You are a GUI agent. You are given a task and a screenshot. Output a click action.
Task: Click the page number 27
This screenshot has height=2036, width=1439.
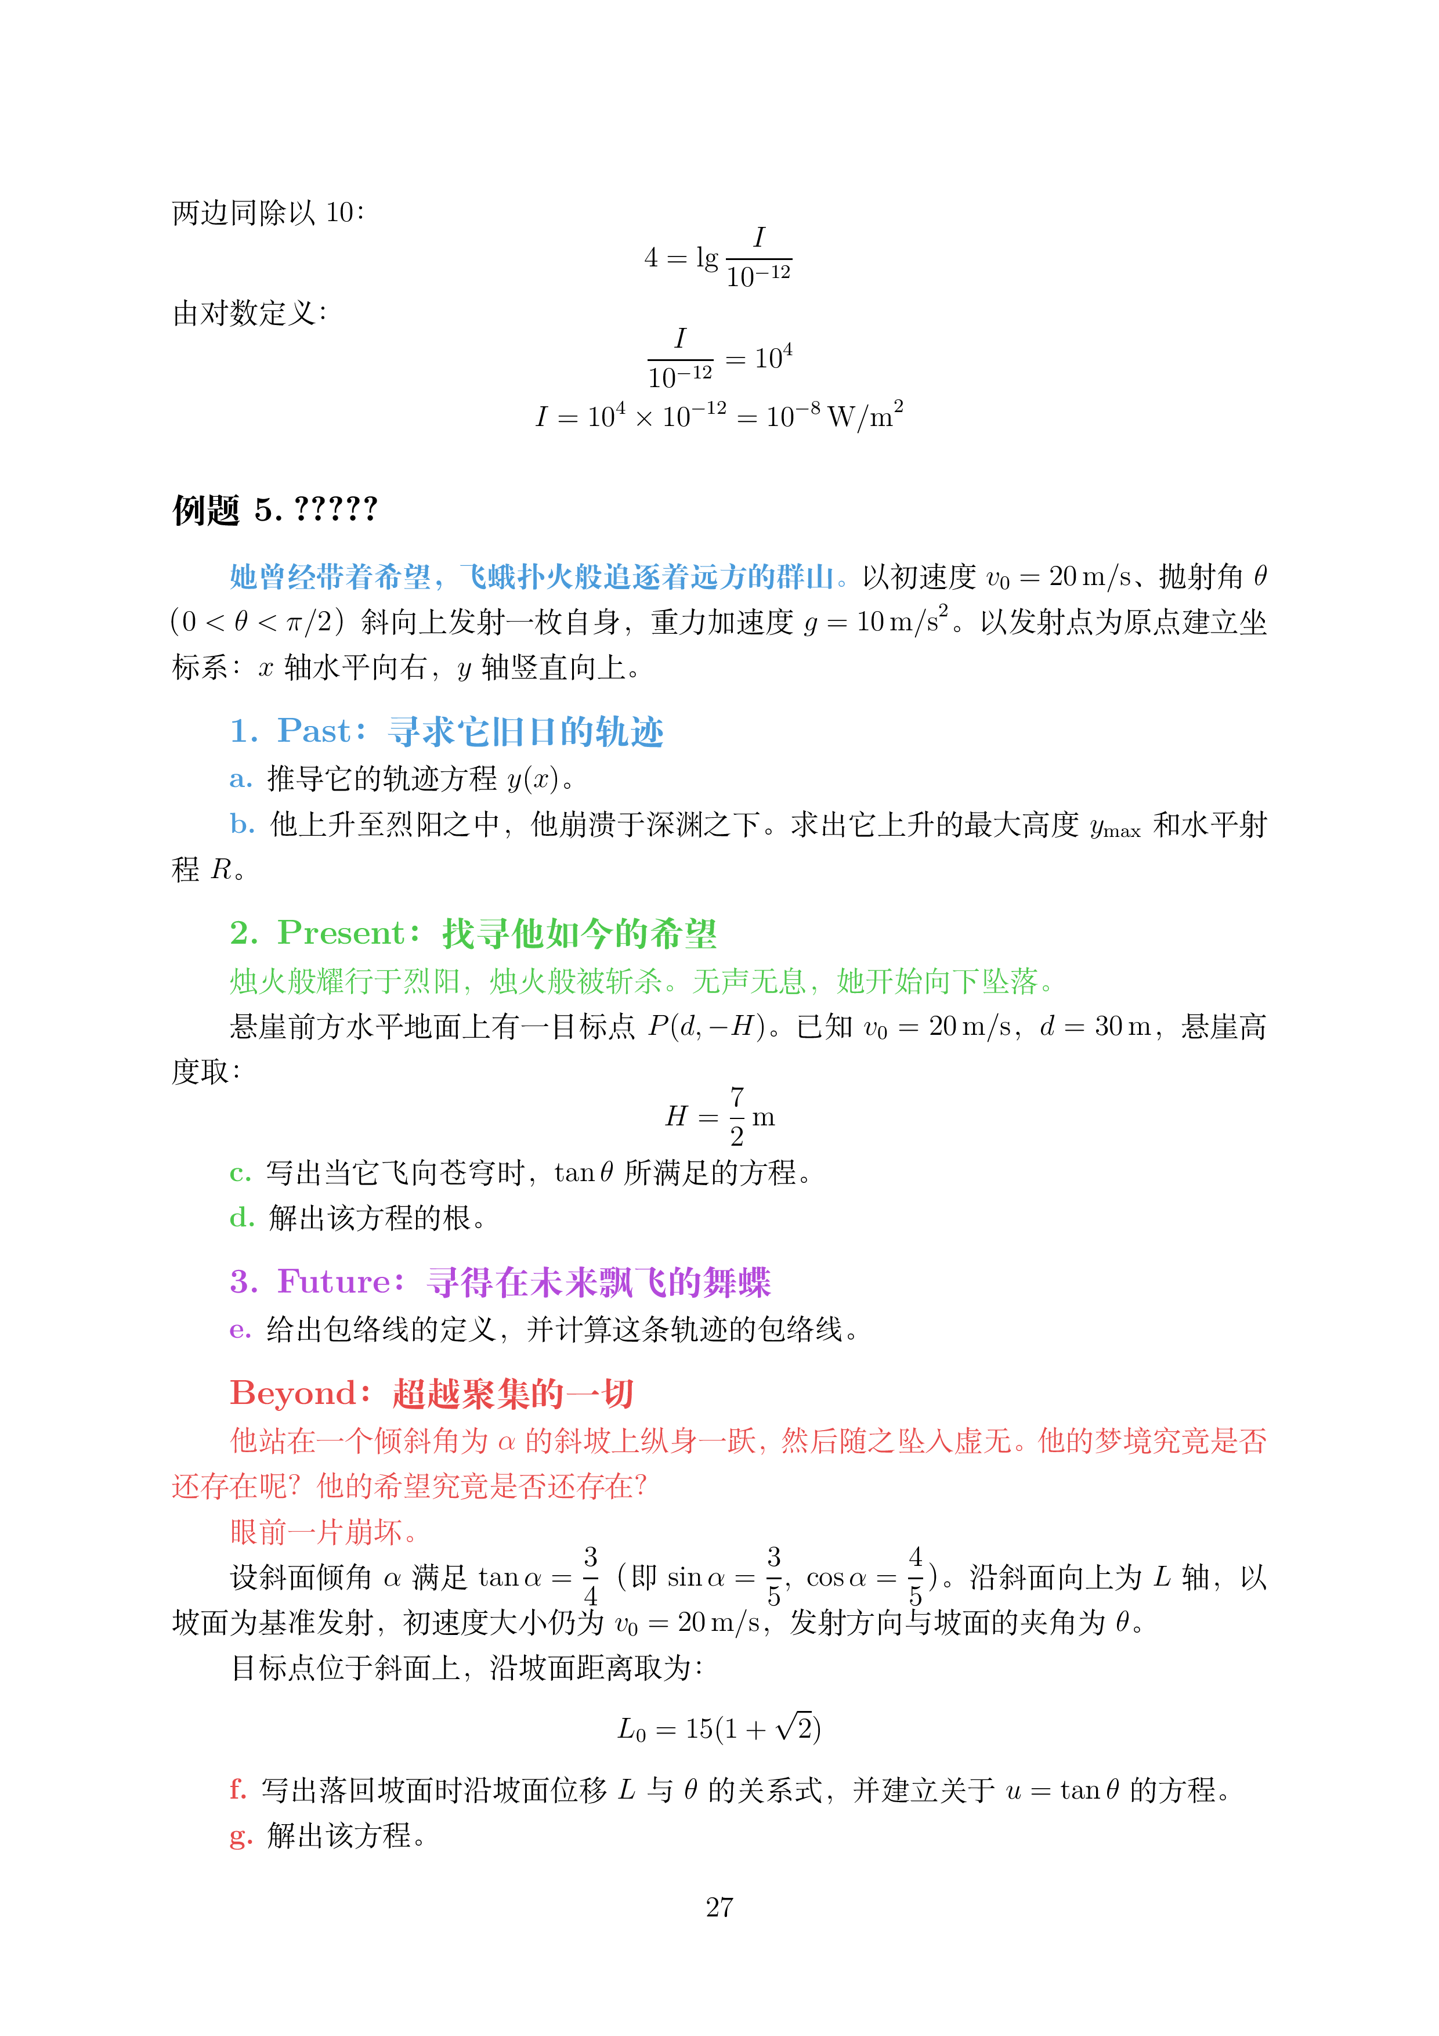[719, 1907]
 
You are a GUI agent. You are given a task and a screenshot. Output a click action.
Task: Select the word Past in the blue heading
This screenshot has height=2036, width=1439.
[314, 731]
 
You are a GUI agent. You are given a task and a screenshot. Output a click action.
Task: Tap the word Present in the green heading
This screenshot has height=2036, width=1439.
[341, 933]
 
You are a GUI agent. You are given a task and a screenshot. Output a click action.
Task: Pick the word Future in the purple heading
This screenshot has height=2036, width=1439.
[334, 1281]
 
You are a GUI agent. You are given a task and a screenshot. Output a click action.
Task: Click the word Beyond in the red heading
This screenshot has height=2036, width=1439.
[294, 1393]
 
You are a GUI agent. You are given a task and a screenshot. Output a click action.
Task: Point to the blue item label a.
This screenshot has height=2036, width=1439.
[240, 779]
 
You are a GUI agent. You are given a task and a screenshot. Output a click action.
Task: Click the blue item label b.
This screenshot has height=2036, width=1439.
[242, 824]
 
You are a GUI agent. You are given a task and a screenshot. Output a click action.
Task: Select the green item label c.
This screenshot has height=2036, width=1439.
[240, 1173]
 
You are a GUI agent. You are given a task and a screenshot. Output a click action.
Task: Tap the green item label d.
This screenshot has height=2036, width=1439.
[242, 1218]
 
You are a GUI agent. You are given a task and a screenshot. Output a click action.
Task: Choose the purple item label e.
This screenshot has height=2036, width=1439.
[240, 1329]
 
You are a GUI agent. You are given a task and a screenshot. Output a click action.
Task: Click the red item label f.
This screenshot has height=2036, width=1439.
[238, 1789]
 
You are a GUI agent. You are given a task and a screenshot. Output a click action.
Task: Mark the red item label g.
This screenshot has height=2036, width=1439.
[240, 1836]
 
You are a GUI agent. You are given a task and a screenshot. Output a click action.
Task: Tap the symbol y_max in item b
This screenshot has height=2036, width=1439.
[1115, 828]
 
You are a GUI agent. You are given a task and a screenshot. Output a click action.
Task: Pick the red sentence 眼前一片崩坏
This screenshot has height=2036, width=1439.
[324, 1532]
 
